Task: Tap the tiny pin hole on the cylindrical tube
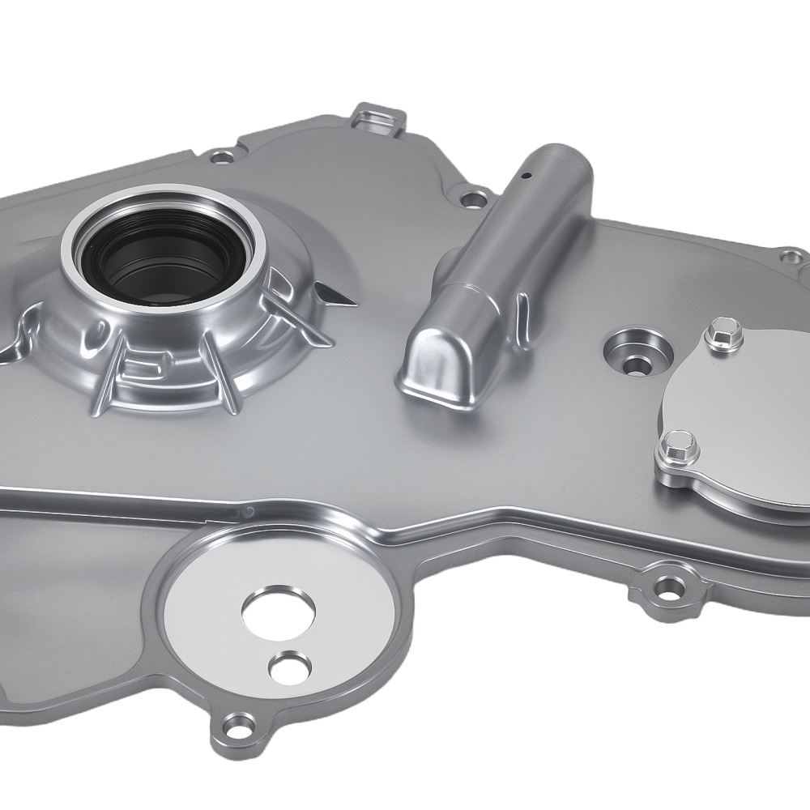[525, 173]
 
